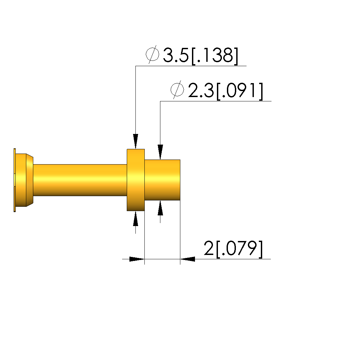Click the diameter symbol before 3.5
(x=152, y=55)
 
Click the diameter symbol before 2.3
(x=177, y=89)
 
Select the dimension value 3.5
(x=176, y=55)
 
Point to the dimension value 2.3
(x=201, y=90)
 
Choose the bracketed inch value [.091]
(x=240, y=91)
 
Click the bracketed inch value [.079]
(x=239, y=249)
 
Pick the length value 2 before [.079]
(x=209, y=248)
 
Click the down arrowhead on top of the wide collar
(x=135, y=141)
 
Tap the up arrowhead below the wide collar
(x=135, y=219)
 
